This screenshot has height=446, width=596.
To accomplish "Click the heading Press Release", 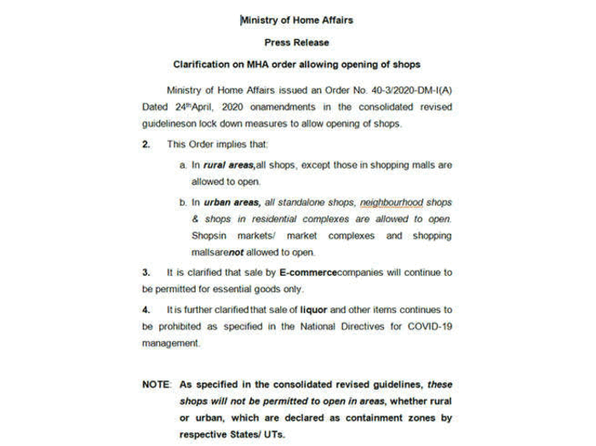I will point(296,42).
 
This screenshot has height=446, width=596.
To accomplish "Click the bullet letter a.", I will point(182,164).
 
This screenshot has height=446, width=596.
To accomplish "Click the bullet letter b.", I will point(182,202).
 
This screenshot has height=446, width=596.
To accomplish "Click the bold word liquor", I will point(313,310).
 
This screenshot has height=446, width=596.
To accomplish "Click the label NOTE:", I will point(158,384).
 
